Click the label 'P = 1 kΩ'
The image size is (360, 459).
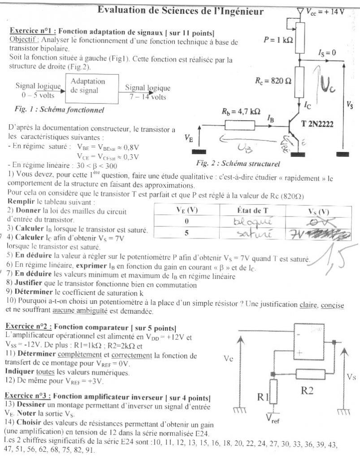click(278, 40)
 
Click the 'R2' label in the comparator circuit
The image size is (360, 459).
click(307, 390)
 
